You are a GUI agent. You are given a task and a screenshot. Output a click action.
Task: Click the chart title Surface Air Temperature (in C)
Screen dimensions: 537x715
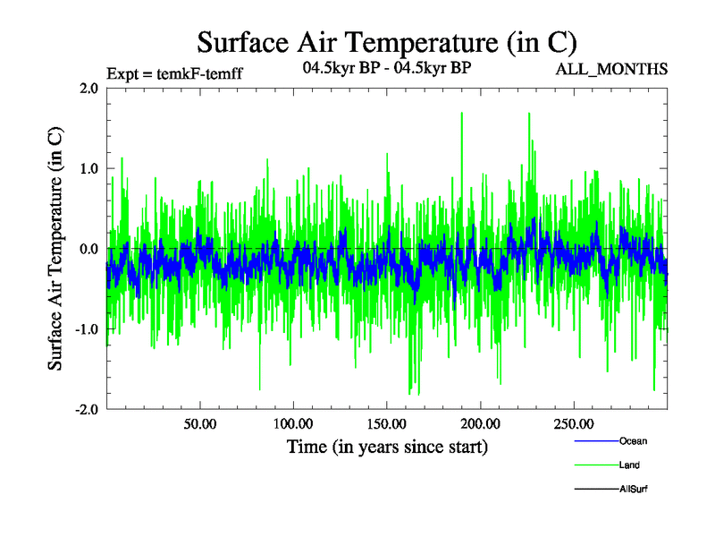click(x=387, y=42)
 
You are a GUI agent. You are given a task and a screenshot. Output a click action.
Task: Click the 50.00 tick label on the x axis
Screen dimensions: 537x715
click(x=199, y=423)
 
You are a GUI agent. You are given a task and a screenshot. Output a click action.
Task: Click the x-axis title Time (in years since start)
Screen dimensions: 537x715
click(x=387, y=446)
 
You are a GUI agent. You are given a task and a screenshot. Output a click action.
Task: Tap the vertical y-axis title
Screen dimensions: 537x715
click(x=55, y=248)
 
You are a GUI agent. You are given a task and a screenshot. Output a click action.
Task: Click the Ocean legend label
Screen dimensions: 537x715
click(x=633, y=441)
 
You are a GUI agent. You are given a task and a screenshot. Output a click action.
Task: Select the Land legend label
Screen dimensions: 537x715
click(x=629, y=465)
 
